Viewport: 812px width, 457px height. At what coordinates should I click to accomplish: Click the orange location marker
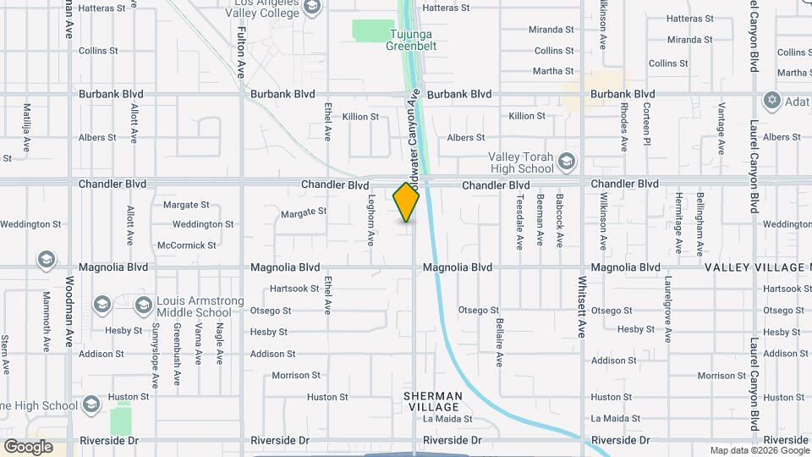click(407, 203)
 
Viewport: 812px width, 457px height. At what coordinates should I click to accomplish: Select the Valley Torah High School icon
click(567, 160)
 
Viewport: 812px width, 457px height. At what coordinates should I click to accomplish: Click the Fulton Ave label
click(241, 52)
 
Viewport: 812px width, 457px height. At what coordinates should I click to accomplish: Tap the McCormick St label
click(186, 245)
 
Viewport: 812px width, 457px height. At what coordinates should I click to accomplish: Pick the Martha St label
click(554, 71)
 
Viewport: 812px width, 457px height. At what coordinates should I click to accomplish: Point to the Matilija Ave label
click(27, 127)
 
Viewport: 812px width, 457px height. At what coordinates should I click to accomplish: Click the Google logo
click(27, 446)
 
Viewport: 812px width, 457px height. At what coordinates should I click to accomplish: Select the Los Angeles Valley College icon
click(311, 8)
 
